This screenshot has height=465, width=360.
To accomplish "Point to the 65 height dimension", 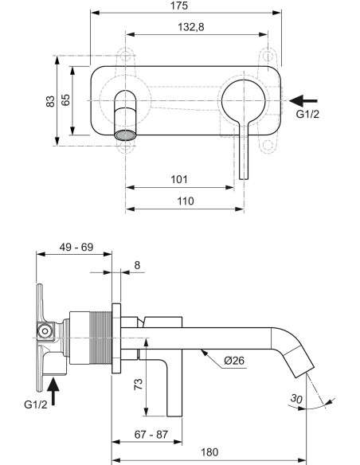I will click(67, 100).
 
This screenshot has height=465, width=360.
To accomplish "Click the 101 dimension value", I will click(180, 179).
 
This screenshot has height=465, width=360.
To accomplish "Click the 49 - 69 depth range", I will click(76, 248).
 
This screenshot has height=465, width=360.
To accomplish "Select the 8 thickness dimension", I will click(138, 264).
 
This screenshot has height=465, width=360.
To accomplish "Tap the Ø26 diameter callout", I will click(235, 361).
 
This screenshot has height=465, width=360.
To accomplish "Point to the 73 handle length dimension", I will click(138, 385).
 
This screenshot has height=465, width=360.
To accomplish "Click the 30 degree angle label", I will click(297, 399).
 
